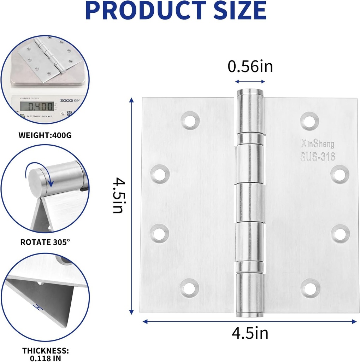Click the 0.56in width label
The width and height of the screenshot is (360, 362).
[250, 66]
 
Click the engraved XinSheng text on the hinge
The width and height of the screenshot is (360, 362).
[317, 144]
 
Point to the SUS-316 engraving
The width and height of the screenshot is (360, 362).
[317, 156]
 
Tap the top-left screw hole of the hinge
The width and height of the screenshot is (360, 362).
[190, 121]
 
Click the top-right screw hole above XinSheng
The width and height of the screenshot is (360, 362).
[309, 120]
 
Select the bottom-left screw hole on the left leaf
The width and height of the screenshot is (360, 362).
[190, 288]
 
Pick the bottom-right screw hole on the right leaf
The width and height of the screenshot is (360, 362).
[310, 288]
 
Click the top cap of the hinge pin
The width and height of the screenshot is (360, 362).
[250, 92]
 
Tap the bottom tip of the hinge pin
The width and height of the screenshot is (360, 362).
[250, 314]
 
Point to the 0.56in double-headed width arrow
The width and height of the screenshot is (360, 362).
[250, 81]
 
